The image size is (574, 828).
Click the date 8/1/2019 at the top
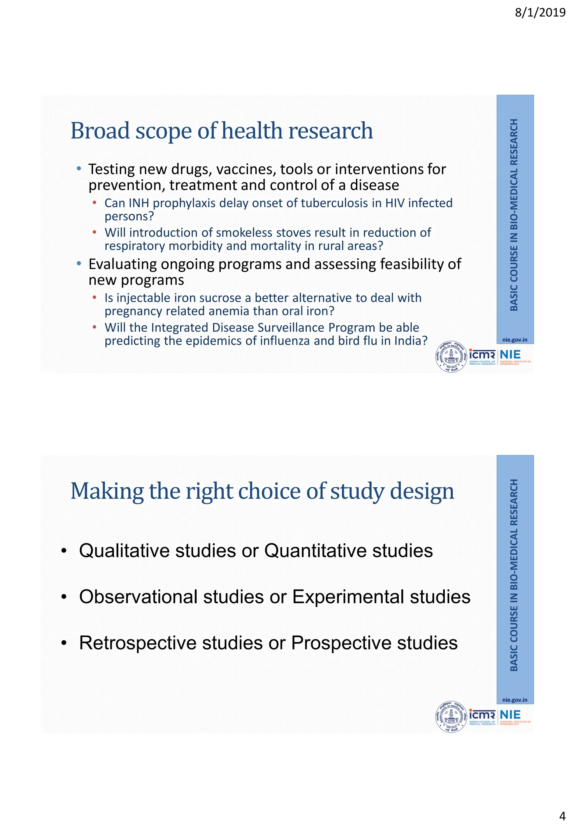tap(540, 13)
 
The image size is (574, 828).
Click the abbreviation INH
tap(139, 203)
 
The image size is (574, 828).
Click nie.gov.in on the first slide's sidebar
tap(515, 340)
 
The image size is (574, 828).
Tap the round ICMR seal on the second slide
tap(451, 717)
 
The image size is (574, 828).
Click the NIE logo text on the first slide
tap(510, 354)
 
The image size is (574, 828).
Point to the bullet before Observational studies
tap(64, 597)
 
